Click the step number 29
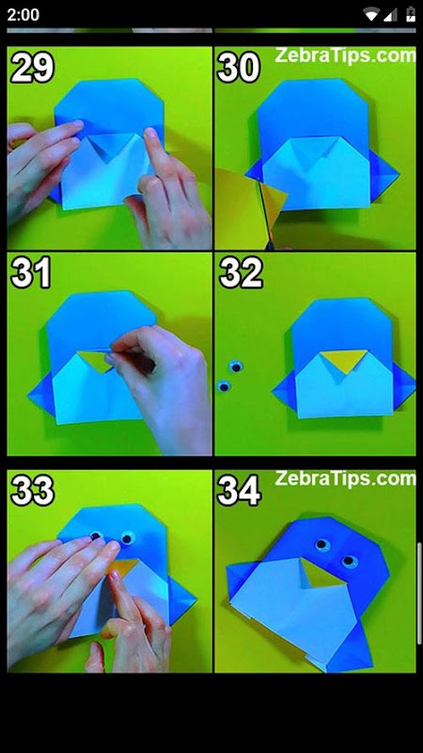(32, 67)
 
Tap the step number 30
(239, 67)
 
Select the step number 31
(31, 272)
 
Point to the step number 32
(241, 272)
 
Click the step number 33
(32, 490)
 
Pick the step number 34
(239, 490)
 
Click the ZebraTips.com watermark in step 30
(345, 56)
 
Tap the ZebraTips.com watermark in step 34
(345, 479)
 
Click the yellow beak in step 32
(343, 360)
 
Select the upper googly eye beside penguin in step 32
(236, 367)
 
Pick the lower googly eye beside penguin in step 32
(224, 386)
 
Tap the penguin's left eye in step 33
(97, 535)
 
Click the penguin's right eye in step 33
(127, 537)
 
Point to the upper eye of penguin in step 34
(322, 545)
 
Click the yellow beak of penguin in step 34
(322, 573)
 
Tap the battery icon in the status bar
(411, 14)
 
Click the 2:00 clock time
(23, 14)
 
